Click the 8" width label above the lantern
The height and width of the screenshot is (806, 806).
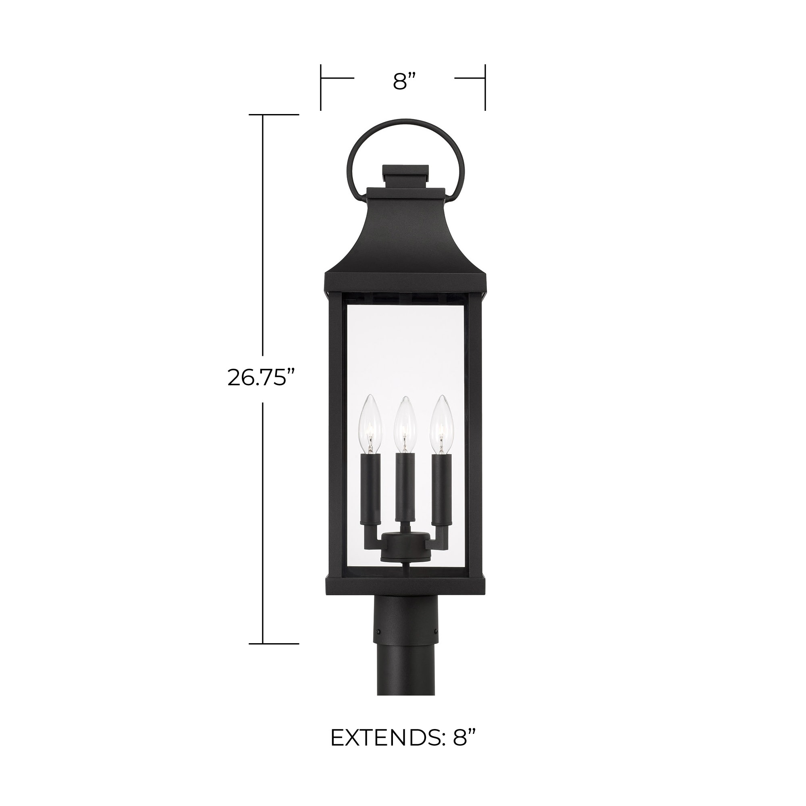pos(404,82)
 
